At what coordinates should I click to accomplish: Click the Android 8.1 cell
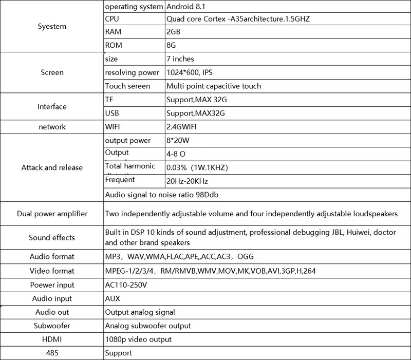(x=189, y=7)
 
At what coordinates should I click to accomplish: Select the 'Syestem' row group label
(x=52, y=26)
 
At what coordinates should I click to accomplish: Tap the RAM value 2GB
(x=173, y=32)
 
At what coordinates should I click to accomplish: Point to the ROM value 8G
(x=171, y=45)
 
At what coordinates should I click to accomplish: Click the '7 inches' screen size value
(x=180, y=59)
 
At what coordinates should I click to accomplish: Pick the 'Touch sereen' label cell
(x=127, y=86)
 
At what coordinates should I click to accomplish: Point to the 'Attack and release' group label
(x=52, y=167)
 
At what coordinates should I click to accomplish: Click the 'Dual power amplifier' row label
(x=52, y=214)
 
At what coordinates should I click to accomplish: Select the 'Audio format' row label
(x=52, y=256)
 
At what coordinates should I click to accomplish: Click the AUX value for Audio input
(x=113, y=298)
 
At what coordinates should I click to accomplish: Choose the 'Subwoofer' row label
(x=52, y=326)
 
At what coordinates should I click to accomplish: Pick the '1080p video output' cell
(x=138, y=339)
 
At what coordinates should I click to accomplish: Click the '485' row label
(x=52, y=353)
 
